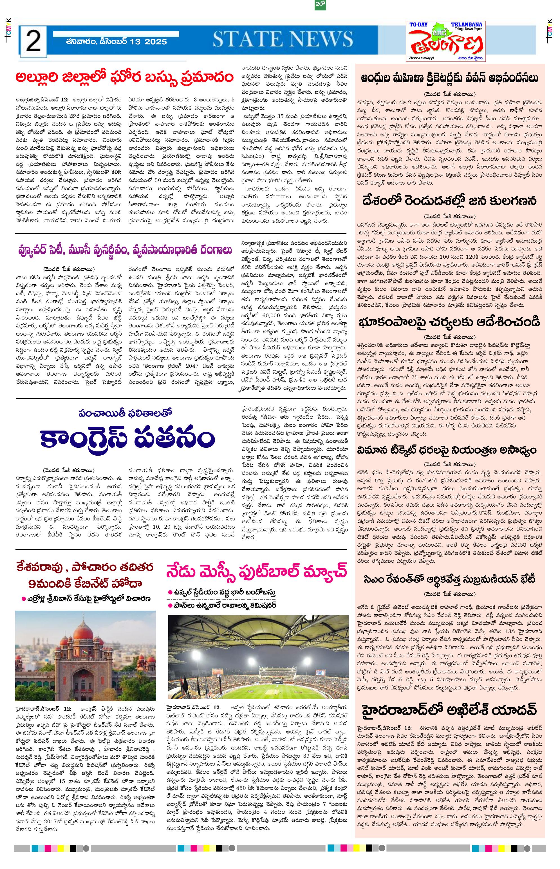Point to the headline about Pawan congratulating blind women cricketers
[450, 78]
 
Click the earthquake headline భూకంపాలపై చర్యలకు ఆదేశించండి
[450, 322]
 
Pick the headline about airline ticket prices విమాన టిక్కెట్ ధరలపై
[450, 450]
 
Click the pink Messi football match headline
[256, 571]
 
